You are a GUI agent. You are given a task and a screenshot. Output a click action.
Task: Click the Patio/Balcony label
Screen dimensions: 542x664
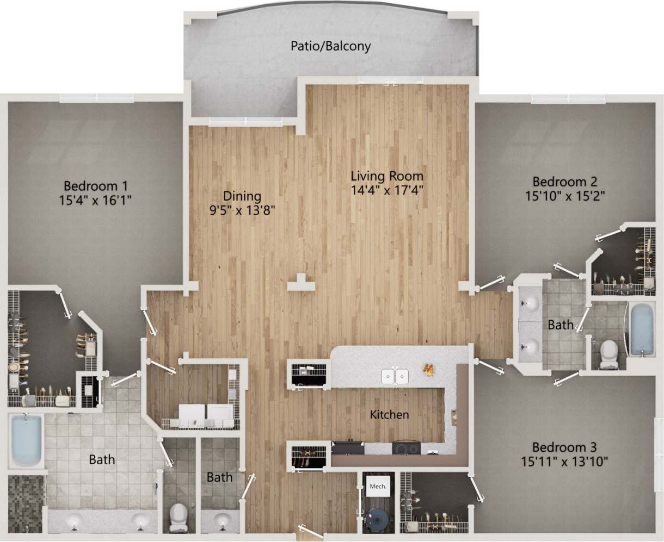pos(330,46)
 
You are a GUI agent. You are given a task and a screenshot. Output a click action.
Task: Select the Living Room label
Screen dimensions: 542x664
pos(386,176)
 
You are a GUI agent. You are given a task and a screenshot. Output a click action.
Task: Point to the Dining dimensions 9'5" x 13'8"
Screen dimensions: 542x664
pos(243,210)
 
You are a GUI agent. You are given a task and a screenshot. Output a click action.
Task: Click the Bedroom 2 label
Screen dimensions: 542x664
pos(565,182)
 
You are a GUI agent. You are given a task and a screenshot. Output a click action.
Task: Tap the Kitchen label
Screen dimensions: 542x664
pos(389,415)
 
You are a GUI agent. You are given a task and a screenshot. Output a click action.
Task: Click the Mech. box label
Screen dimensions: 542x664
pos(377,487)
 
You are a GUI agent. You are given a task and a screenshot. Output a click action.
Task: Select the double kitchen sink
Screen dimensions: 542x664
pos(395,376)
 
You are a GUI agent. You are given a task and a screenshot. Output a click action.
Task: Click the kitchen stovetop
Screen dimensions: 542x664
pos(406,448)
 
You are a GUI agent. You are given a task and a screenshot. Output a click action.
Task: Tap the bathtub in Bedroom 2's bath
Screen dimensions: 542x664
pos(643,330)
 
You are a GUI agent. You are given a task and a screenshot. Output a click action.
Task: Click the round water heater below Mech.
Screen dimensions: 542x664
pos(377,519)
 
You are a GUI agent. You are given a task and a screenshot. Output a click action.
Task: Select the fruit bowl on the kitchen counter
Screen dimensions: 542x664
pos(429,370)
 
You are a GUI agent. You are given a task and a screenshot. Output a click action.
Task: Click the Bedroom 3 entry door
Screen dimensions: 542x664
pos(490,367)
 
